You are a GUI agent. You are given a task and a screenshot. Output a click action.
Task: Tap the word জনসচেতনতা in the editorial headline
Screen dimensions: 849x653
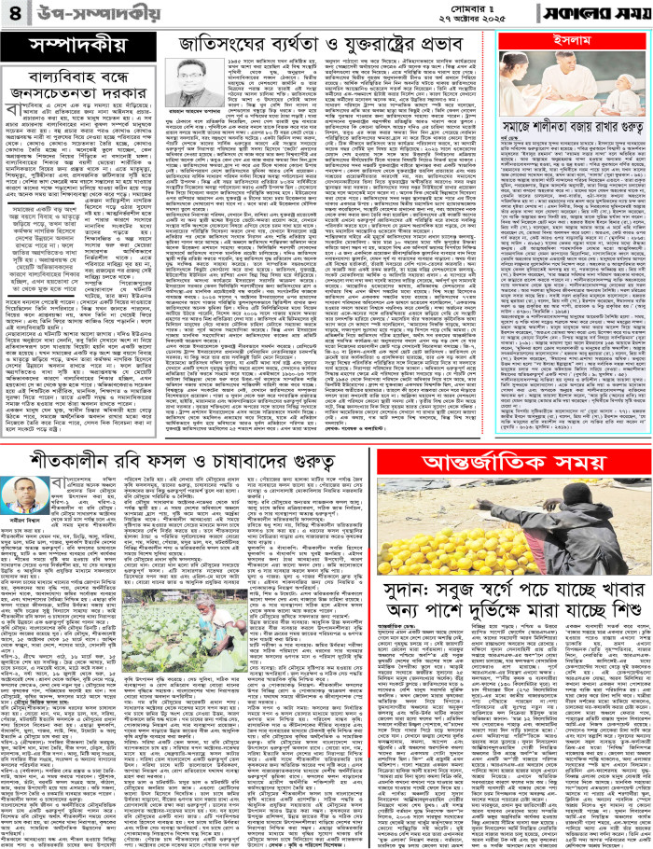58,91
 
